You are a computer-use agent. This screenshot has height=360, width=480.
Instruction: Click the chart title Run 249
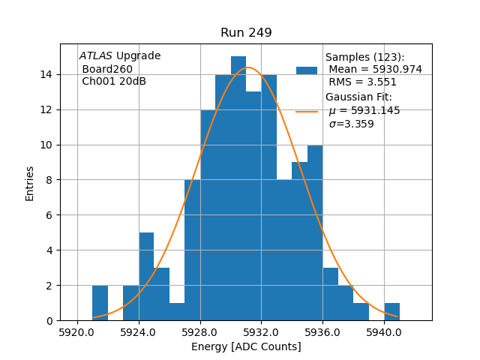tap(246, 33)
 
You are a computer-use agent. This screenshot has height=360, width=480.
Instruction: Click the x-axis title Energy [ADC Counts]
tap(246, 346)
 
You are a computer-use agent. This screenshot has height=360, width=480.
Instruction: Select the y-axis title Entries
tap(30, 183)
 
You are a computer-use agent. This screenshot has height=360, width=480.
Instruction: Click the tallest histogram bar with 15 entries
tap(238, 188)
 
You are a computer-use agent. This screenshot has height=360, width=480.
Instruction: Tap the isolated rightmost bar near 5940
tap(391, 312)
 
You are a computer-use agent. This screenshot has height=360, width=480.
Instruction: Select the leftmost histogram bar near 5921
tap(100, 303)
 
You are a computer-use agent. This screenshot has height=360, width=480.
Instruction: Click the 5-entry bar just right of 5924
tap(146, 277)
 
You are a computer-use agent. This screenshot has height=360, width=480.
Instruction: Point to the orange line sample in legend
tap(307, 111)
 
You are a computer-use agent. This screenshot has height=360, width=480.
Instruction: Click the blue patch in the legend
tap(307, 70)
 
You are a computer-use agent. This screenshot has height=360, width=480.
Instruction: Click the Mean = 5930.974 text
tap(375, 69)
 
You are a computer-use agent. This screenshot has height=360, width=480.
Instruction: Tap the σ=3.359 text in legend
tap(351, 124)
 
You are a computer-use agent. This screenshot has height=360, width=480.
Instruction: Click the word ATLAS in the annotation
tap(95, 56)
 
